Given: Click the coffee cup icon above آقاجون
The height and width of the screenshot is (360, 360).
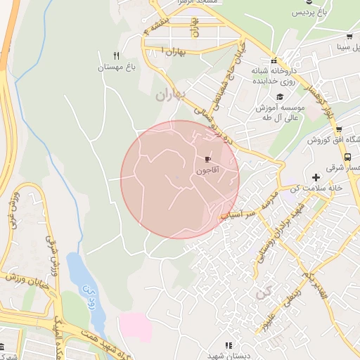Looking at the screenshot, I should tap(207, 160).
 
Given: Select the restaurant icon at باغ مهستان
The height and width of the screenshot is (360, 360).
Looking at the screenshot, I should tap(117, 56).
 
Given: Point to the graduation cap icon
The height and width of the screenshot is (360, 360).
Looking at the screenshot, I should tap(280, 96).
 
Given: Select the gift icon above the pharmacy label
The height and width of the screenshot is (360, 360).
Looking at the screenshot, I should tap(274, 60).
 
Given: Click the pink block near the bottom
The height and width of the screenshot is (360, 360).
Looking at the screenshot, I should tap(134, 326).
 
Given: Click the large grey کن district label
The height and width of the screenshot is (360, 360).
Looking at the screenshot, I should tap(264, 295).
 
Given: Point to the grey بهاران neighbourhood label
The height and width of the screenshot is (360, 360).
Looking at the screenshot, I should tap(170, 95).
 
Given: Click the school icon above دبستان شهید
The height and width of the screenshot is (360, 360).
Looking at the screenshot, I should tap(228, 345).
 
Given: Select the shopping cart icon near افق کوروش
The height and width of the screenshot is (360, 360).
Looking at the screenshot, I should tap(339, 129).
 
